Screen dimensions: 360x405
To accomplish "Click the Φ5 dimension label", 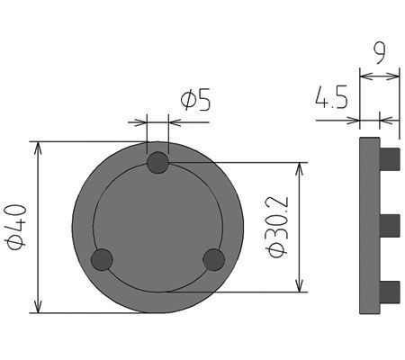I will (196, 100).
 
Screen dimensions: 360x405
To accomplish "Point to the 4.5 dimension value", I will (331, 97).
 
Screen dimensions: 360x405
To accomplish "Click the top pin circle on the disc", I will (157, 163).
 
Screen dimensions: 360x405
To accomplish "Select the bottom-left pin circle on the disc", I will (103, 260).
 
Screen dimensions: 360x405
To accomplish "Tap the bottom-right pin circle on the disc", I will (213, 260).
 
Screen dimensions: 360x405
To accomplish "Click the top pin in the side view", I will (389, 158).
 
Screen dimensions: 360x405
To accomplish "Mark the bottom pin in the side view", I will (389, 291).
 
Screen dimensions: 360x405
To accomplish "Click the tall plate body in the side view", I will (369, 225).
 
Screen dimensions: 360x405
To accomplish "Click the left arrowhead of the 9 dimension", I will (364, 75).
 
